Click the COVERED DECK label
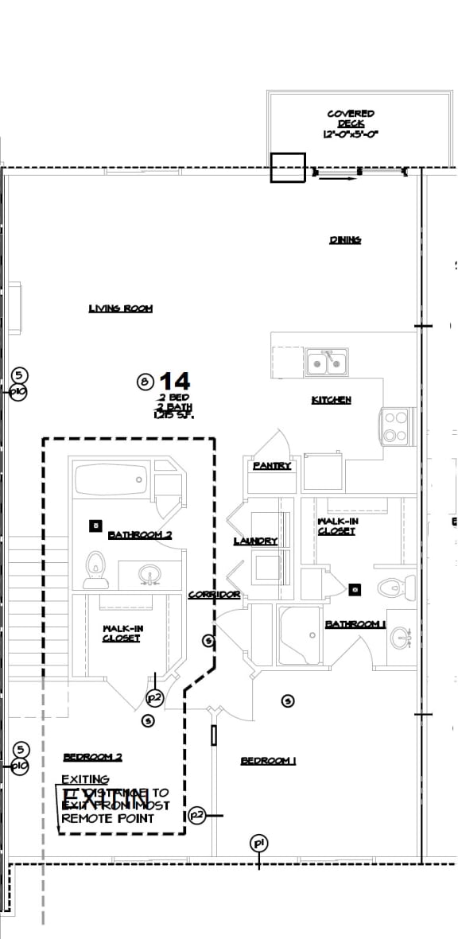click(x=350, y=124)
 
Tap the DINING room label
click(x=345, y=240)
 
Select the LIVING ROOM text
click(x=120, y=308)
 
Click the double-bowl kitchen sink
click(x=327, y=363)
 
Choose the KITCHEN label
click(x=331, y=400)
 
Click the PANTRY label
click(x=272, y=466)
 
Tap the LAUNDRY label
click(x=255, y=541)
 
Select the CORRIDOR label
click(x=214, y=595)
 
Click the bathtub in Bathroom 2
click(x=111, y=480)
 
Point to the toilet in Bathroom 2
click(x=95, y=568)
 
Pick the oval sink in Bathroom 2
click(x=148, y=573)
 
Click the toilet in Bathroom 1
click(x=395, y=588)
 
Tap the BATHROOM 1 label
click(x=355, y=625)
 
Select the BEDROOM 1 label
click(x=268, y=762)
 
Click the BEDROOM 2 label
click(x=92, y=757)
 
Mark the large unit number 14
click(x=174, y=381)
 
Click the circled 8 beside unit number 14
click(x=145, y=382)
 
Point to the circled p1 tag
click(x=258, y=844)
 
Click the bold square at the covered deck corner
click(x=288, y=168)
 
